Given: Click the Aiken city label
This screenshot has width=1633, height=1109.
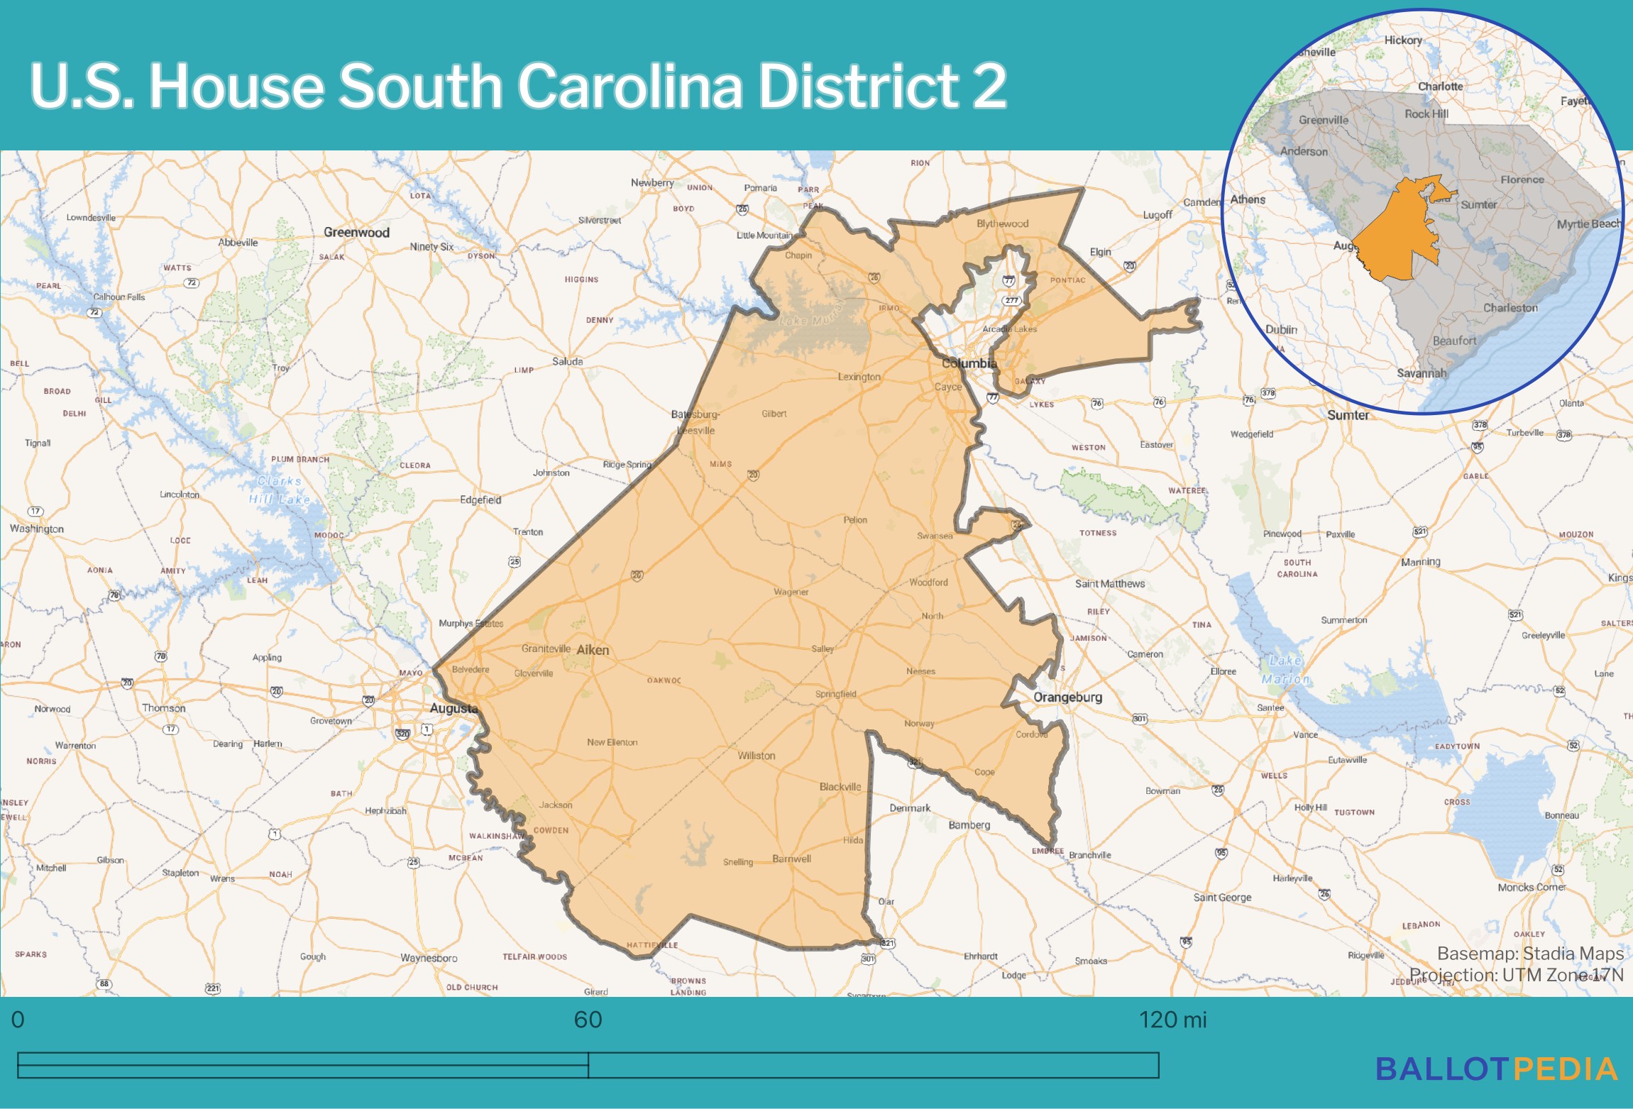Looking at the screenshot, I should tap(593, 650).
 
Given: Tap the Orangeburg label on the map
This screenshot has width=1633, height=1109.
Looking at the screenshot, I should tap(1067, 697).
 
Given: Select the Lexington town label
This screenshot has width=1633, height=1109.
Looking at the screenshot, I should tap(859, 377).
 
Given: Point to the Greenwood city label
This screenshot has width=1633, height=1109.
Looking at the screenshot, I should tap(356, 233).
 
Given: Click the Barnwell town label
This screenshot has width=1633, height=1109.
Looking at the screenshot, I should tap(791, 859).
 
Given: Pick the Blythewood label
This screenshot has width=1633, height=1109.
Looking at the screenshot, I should tap(1002, 224).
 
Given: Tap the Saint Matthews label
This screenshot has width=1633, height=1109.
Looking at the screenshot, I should tap(1109, 583).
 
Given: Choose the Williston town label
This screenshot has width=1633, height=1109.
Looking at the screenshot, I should tap(756, 756).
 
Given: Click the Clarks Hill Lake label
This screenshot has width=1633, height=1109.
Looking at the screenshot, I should tap(280, 490).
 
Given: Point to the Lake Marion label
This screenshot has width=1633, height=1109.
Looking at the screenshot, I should tap(1285, 670).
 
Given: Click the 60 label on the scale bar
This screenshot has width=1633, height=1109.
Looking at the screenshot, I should tap(588, 1020).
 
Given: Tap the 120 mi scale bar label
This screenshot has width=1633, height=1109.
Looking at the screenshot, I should tap(1172, 1020).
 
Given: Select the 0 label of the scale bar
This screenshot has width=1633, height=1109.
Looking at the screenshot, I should tap(18, 1020).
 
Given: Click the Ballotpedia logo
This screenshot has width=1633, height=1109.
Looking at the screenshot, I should tap(1496, 1069).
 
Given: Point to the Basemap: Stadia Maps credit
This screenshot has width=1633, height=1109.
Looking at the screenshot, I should tap(1530, 954).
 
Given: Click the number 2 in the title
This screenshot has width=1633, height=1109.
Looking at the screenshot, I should tap(989, 86).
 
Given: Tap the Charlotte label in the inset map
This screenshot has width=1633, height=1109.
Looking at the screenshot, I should tap(1440, 87).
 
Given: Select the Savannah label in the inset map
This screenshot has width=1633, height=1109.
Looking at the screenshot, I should tap(1421, 373).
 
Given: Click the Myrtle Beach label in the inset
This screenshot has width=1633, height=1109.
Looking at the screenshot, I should tap(1589, 224).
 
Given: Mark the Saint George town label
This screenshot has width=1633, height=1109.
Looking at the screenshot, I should tap(1222, 898).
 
